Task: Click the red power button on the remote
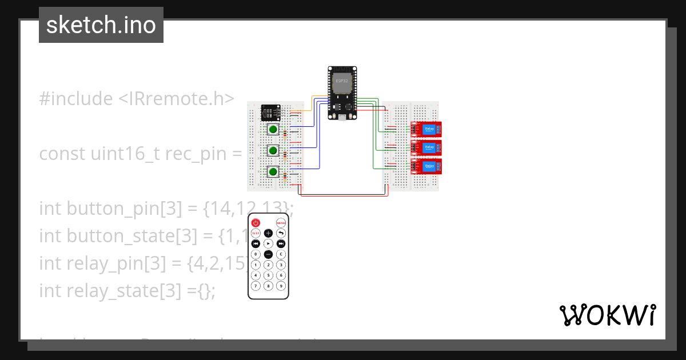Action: (x=256, y=223)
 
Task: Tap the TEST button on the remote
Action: (x=256, y=233)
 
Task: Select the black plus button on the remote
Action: (x=268, y=233)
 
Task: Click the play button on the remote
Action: (x=268, y=243)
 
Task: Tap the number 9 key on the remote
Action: (x=281, y=285)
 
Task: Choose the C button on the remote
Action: (x=281, y=254)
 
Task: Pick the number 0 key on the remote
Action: (x=256, y=254)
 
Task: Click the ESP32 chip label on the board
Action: (x=342, y=81)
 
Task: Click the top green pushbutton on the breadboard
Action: (x=273, y=130)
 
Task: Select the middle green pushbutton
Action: (x=273, y=151)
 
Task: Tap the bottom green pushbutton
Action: (x=273, y=171)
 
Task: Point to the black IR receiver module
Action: (x=270, y=112)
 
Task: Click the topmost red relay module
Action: (x=427, y=130)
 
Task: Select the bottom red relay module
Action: (x=427, y=166)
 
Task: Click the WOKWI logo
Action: (x=607, y=315)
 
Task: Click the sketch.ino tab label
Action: (x=101, y=25)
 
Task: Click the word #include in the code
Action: (x=76, y=99)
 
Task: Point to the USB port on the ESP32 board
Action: (x=342, y=117)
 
